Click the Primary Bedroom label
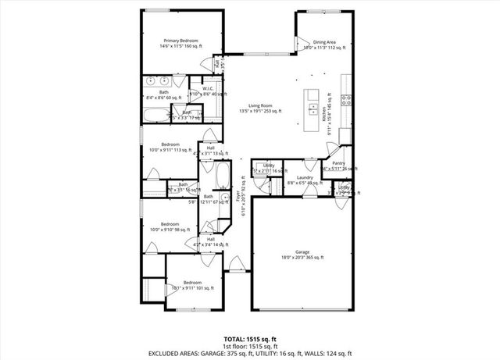click(x=180, y=40)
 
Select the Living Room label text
click(x=260, y=105)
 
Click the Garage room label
click(x=302, y=252)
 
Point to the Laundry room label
click(x=305, y=177)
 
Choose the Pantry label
click(x=339, y=163)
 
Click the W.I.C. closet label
click(x=209, y=88)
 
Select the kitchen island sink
click(x=312, y=108)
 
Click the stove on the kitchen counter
click(x=348, y=99)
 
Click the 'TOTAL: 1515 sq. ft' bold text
click(x=250, y=339)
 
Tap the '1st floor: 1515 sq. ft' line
click(x=250, y=345)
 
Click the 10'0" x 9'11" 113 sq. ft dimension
click(x=171, y=151)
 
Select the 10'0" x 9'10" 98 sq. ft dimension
click(x=170, y=230)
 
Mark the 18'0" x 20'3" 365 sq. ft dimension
click(x=302, y=258)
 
